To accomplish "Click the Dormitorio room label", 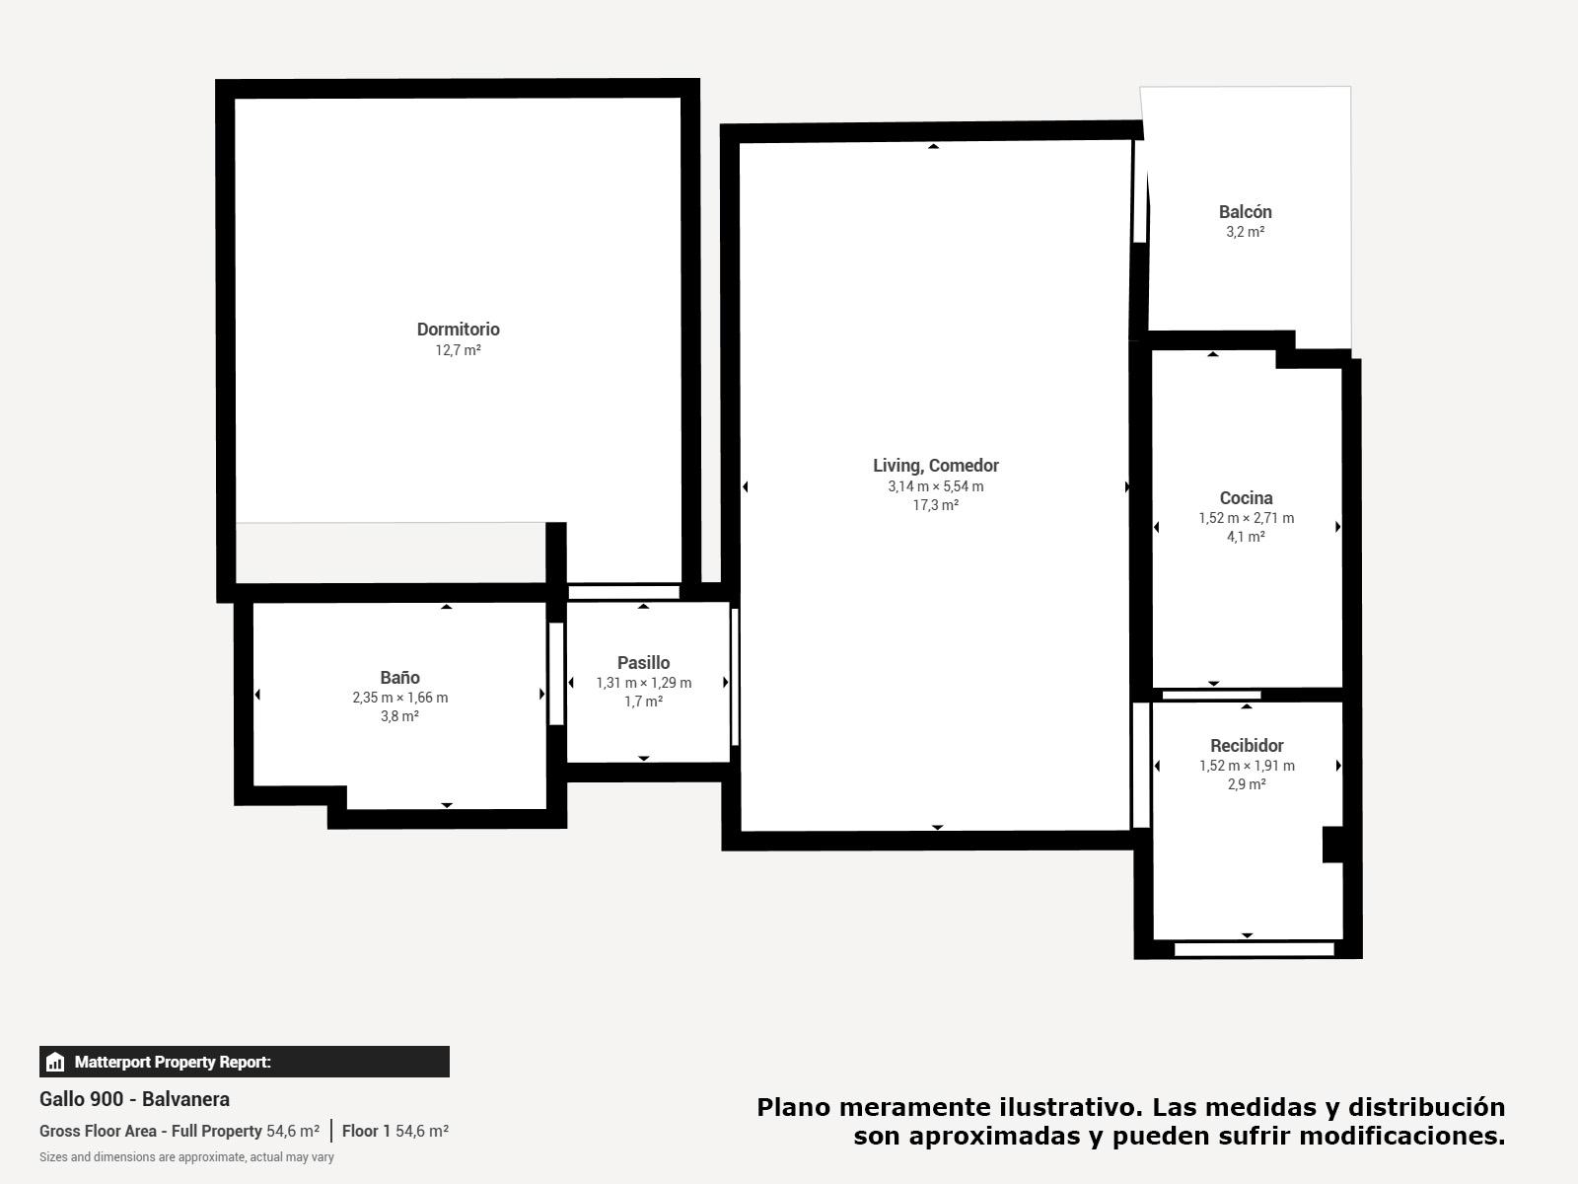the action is click(458, 330).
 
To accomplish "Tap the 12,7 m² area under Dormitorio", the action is click(458, 350).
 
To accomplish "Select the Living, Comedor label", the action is click(935, 466).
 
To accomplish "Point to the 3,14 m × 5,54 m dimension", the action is click(935, 486).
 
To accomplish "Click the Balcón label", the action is click(1246, 212).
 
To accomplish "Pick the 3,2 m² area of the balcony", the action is click(1246, 232).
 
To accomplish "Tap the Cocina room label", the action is click(1246, 497).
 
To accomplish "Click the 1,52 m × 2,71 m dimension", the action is click(1246, 518).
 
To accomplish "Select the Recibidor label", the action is click(1247, 746).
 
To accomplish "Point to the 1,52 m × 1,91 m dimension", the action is click(1247, 766).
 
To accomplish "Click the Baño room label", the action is click(399, 677).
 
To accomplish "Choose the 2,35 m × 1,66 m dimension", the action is click(399, 698).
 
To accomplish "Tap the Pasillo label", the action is click(643, 663).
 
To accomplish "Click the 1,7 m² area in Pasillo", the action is click(643, 701).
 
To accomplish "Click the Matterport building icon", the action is click(54, 1062).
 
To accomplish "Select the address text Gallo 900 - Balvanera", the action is click(134, 1099).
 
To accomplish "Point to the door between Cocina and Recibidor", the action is click(1211, 696).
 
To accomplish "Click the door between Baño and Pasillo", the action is click(555, 674).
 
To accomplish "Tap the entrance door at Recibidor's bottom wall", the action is click(1254, 949).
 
